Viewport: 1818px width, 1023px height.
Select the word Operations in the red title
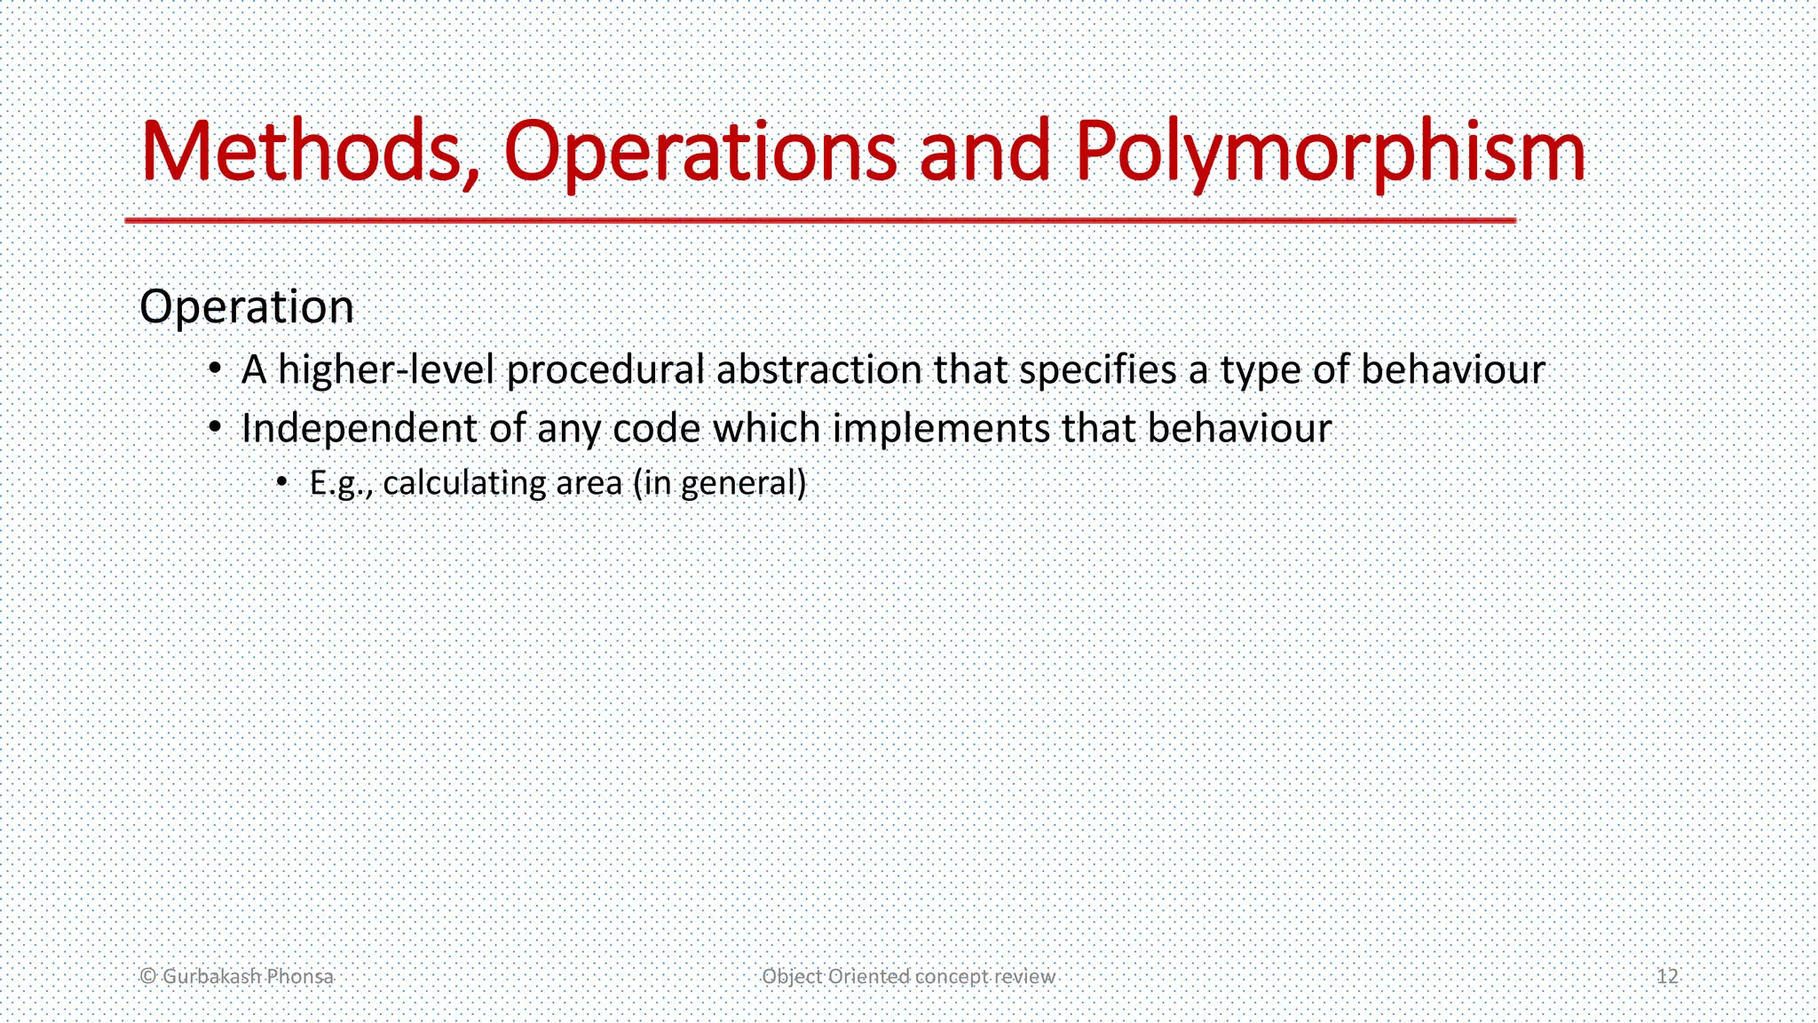(x=700, y=152)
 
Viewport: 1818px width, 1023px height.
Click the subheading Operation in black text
(x=247, y=307)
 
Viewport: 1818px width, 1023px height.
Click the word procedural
(x=605, y=370)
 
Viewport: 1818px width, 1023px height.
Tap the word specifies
(x=1097, y=370)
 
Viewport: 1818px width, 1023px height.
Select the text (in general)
(x=719, y=483)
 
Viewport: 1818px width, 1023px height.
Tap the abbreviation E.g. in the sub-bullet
(x=340, y=483)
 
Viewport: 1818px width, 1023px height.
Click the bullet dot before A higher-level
(x=215, y=369)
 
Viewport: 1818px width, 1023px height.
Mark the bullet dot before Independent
(x=215, y=428)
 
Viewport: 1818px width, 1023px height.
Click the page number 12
(x=1667, y=976)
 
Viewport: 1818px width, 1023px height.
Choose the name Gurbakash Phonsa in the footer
(x=248, y=976)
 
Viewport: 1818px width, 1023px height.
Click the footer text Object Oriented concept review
(x=908, y=976)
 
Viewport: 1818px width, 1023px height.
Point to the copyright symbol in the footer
(x=148, y=976)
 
